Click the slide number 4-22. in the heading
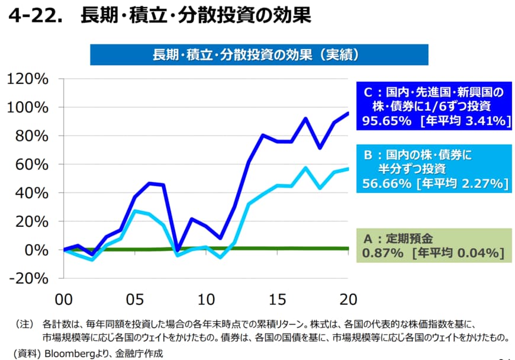(35, 16)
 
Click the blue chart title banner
(259, 55)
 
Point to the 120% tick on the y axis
(27, 79)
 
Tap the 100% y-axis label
(27, 107)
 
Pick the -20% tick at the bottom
(27, 278)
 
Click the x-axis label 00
(65, 298)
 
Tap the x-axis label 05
(136, 298)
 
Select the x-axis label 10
(207, 298)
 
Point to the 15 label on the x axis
(277, 298)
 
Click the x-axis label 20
(348, 298)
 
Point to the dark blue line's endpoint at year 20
(348, 113)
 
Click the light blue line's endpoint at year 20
(348, 169)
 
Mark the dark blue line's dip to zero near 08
(178, 250)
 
